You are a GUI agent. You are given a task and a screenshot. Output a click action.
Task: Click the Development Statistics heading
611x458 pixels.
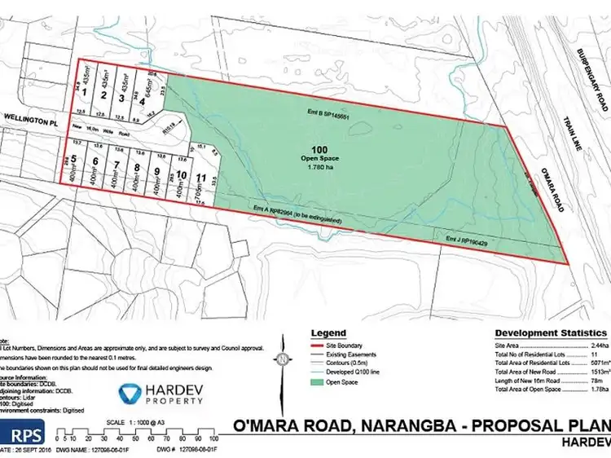[550, 333]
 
